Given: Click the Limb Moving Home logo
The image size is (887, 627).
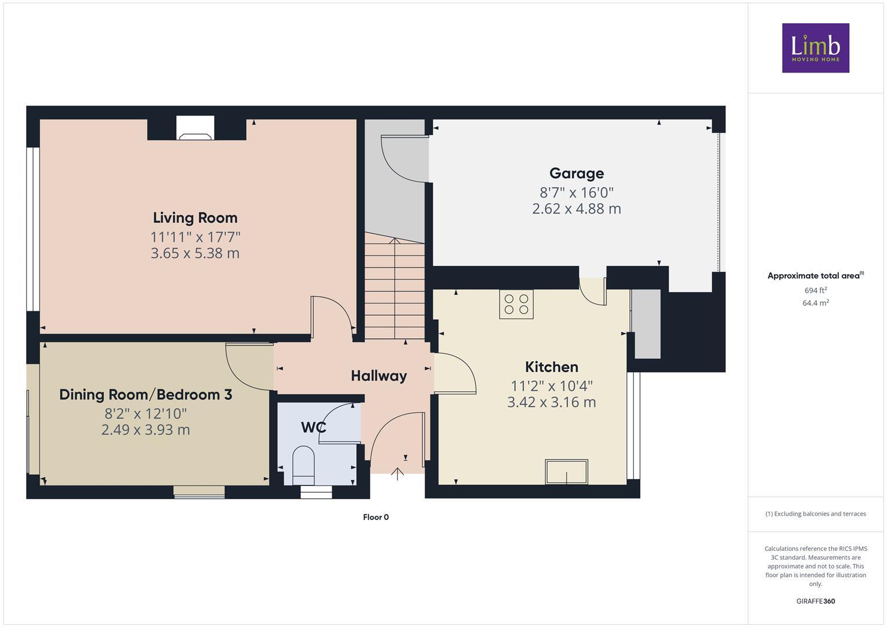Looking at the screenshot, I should click(815, 48).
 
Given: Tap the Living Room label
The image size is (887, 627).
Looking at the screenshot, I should click(195, 218).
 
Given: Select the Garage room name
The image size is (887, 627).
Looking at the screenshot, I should click(576, 173).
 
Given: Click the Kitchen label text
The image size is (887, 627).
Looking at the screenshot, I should click(551, 367).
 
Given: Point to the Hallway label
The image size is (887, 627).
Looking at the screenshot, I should click(379, 376).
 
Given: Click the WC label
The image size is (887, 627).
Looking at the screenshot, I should click(313, 428).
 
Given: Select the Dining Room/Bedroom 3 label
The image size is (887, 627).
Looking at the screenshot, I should click(146, 395).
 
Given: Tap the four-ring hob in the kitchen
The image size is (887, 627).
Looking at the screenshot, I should click(516, 304).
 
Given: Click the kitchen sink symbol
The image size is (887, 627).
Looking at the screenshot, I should click(566, 471).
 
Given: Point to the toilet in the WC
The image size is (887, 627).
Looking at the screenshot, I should click(303, 464).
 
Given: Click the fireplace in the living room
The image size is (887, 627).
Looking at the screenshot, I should click(195, 129).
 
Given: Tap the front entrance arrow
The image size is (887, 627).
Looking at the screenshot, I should click(397, 474).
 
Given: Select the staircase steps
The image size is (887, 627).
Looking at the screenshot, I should click(394, 290).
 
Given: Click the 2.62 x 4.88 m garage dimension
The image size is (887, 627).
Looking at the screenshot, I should click(576, 209).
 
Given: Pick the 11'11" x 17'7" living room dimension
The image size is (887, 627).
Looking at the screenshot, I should click(195, 237).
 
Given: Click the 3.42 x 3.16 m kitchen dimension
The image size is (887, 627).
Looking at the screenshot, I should click(551, 402).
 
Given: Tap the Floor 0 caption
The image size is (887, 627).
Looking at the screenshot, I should click(376, 517).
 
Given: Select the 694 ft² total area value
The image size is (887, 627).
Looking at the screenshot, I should click(815, 290).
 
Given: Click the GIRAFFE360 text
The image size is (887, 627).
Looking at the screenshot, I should click(815, 601).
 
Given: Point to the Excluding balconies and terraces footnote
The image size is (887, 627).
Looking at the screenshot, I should click(815, 514).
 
